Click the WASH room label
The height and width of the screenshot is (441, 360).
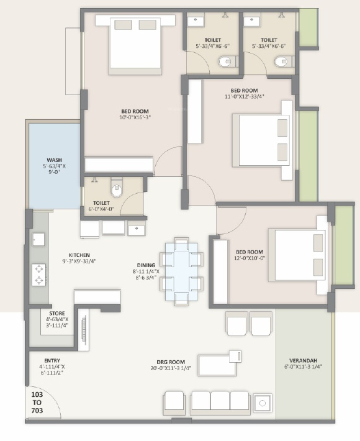point(55,160)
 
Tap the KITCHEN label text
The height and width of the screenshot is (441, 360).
point(79,255)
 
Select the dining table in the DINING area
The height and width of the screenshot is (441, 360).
point(181,271)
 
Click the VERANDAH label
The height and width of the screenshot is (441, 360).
point(304,360)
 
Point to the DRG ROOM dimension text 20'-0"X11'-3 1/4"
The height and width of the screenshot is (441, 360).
point(171,368)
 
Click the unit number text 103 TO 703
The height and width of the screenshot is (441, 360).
point(37,402)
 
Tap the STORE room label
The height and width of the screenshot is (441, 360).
point(57,313)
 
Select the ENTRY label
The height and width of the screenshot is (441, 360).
point(52,360)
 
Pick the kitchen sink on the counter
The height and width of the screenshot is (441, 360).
point(38,240)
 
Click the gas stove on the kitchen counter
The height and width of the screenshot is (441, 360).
point(38,275)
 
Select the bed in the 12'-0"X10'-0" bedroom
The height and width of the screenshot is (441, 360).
point(297,255)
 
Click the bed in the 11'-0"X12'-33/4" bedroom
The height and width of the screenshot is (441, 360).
point(261,140)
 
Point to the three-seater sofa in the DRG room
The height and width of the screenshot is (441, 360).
point(220,402)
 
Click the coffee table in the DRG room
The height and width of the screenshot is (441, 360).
point(217,365)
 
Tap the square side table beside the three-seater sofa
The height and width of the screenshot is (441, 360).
point(263,403)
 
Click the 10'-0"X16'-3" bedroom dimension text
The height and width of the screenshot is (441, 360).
point(135,117)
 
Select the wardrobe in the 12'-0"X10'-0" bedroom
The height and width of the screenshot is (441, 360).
point(220,272)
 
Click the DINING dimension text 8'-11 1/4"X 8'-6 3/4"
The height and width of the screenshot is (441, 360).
point(146,275)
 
